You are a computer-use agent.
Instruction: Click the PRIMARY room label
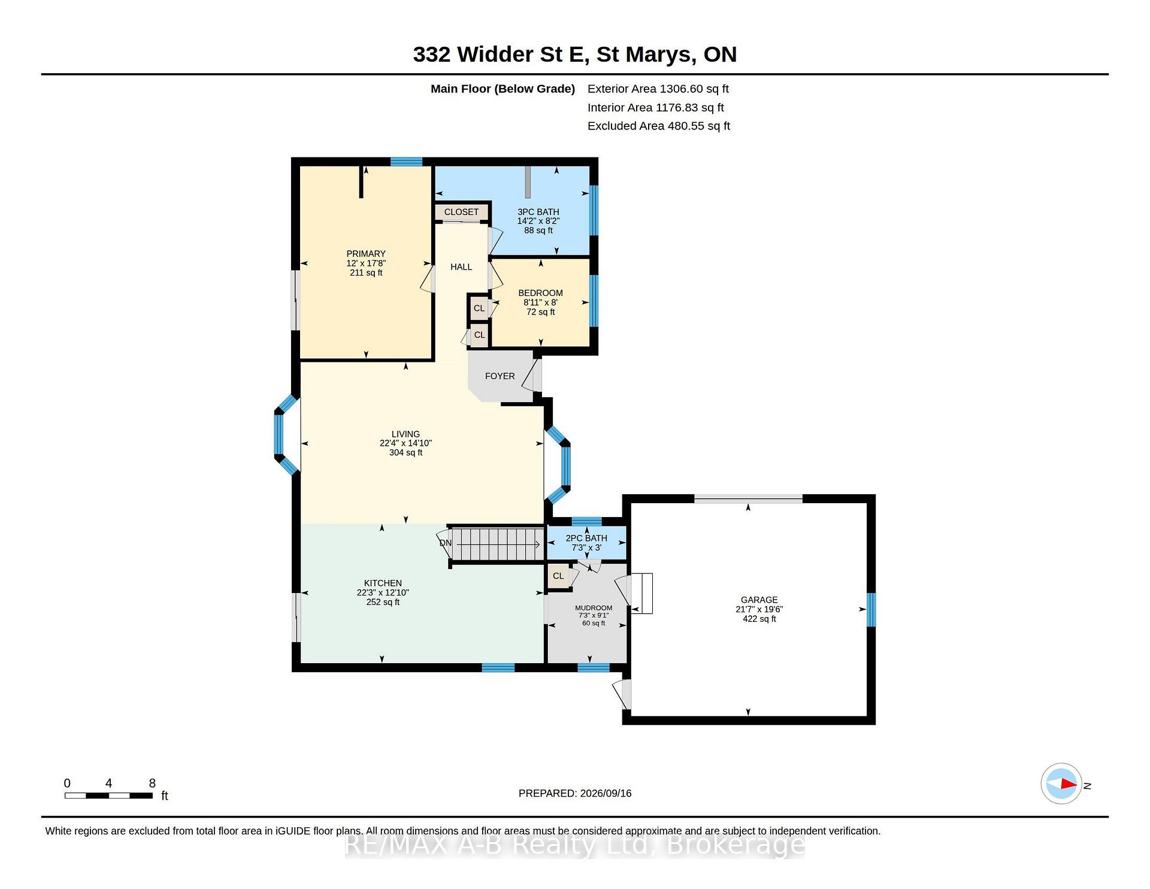coord(366,254)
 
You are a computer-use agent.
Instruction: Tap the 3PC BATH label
coord(538,212)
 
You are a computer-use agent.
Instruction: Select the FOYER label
coord(500,376)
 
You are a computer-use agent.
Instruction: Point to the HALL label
coord(461,267)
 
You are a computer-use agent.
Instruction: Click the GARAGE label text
coord(759,600)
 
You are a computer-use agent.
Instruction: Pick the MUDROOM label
coord(594,608)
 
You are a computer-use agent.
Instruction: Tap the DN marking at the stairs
coord(446,543)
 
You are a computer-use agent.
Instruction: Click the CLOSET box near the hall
coord(461,212)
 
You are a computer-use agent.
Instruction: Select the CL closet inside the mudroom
coord(558,576)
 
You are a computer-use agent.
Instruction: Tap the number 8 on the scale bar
coord(152,783)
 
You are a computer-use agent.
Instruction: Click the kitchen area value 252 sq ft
coord(383,602)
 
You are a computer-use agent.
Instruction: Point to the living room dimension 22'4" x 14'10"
coord(405,443)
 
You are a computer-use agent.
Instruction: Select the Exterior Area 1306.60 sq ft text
coord(658,89)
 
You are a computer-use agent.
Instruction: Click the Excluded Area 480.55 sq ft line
coord(659,126)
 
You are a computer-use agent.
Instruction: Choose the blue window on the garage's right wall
coord(871,610)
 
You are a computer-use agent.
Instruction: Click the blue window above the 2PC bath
coord(587,521)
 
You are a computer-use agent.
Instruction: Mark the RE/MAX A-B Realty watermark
coord(575,845)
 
